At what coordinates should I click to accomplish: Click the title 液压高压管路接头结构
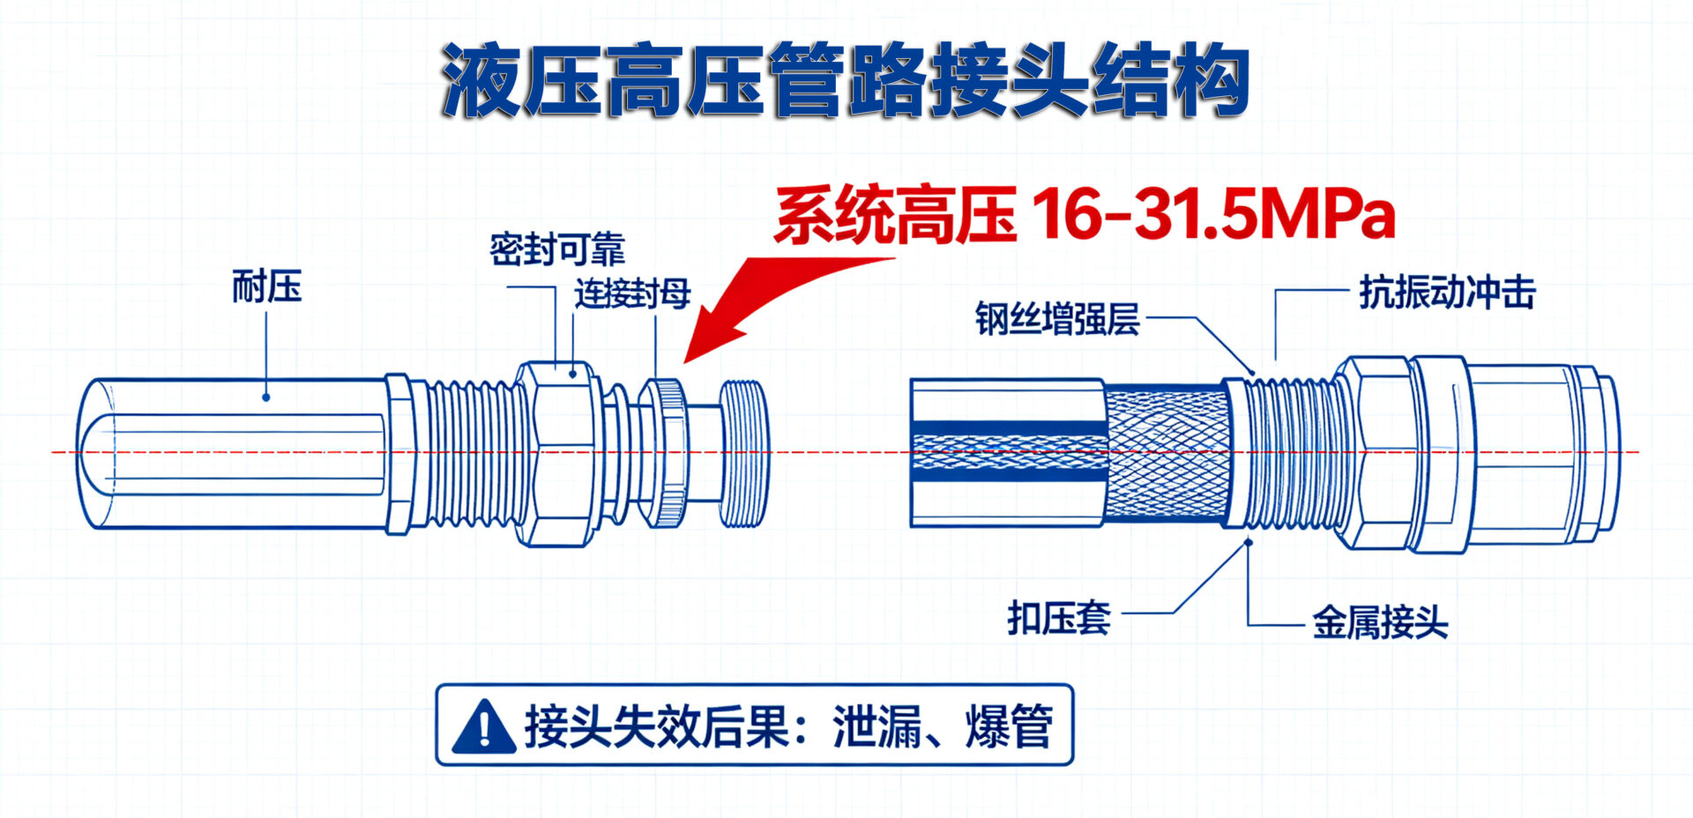pyautogui.click(x=845, y=80)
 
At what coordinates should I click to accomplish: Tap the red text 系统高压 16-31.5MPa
pyautogui.click(x=1085, y=214)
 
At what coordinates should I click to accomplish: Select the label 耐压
pyautogui.click(x=266, y=287)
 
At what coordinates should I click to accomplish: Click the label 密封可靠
pyautogui.click(x=557, y=249)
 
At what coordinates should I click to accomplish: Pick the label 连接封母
pyautogui.click(x=632, y=294)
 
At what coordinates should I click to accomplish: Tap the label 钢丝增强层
pyautogui.click(x=1057, y=319)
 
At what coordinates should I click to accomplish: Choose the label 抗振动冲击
pyautogui.click(x=1447, y=293)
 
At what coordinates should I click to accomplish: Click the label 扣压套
pyautogui.click(x=1059, y=619)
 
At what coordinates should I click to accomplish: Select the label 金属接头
pyautogui.click(x=1380, y=623)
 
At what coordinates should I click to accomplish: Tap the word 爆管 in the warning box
pyautogui.click(x=1011, y=726)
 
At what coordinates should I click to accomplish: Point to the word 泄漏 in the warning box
pyautogui.click(x=876, y=726)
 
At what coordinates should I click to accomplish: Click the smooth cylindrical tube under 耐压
pyautogui.click(x=234, y=453)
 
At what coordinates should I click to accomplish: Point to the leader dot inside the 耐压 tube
pyautogui.click(x=266, y=397)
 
